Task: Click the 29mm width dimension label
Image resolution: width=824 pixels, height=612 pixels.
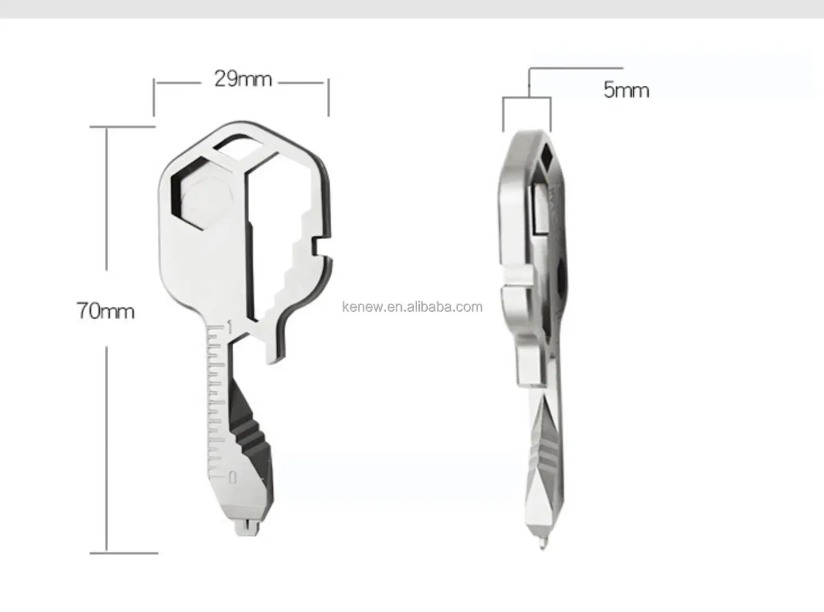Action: pos(242,79)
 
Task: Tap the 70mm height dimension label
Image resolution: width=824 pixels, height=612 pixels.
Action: pos(105,311)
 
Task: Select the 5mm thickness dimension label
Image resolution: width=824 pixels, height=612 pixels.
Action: pos(626,90)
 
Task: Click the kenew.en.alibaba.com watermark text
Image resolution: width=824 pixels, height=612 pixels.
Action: pos(413,307)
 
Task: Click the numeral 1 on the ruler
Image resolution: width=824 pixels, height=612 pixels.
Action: pos(229,326)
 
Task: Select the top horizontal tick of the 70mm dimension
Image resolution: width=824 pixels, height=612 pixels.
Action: pos(122,127)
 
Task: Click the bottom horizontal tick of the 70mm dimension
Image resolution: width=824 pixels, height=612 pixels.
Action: pos(123,553)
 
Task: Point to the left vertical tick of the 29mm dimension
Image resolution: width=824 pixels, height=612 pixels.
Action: pos(154,97)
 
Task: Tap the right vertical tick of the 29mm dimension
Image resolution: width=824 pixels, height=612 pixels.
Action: pos(329,97)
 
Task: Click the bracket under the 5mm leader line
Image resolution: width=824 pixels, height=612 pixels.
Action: pos(527,99)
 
